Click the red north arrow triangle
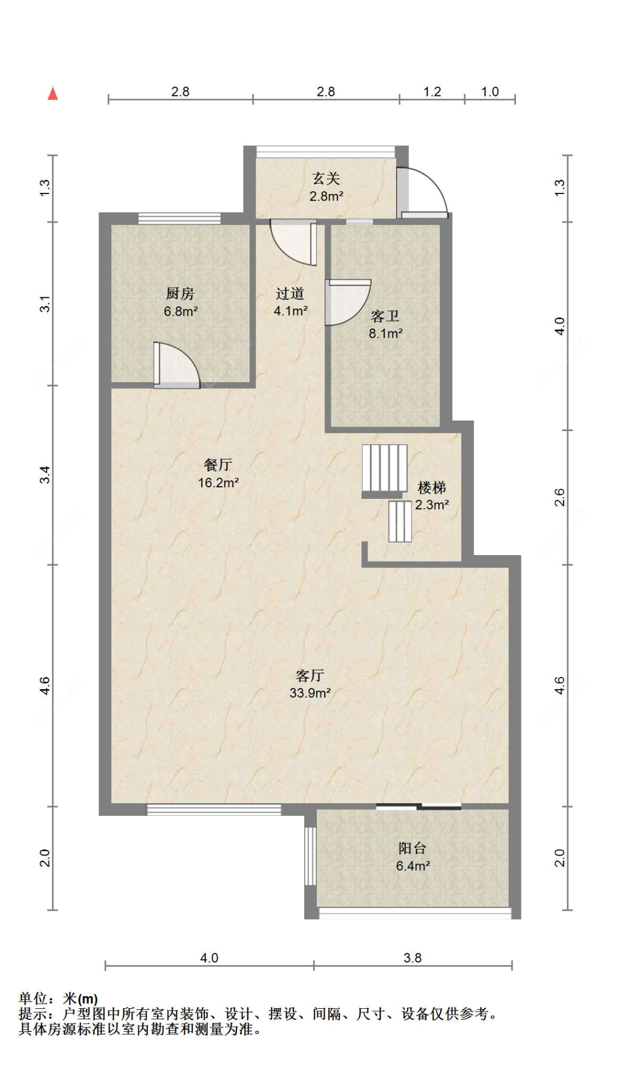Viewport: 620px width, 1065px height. pos(53,94)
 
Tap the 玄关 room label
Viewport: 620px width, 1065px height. pos(326,178)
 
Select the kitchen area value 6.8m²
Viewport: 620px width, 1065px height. pos(181,311)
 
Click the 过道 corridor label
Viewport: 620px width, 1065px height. pos(290,293)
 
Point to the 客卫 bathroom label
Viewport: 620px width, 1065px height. pos(385,316)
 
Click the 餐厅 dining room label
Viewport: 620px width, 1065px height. pos(218,465)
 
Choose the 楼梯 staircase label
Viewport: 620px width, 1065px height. pos(432,487)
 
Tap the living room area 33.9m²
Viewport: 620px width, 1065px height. pos(310,693)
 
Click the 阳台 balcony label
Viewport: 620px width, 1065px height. pos(412,848)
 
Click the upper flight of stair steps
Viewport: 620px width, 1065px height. pos(384,468)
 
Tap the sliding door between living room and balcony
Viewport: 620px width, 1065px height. pos(418,807)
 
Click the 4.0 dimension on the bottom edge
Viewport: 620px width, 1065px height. pos(209,958)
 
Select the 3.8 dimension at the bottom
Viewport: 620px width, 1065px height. pos(412,958)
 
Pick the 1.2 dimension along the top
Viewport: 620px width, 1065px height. pos(432,92)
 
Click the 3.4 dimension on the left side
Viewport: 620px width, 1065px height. pos(45,475)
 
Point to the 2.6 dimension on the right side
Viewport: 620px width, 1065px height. pos(559,497)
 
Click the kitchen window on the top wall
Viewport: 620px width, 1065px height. pos(179,218)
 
